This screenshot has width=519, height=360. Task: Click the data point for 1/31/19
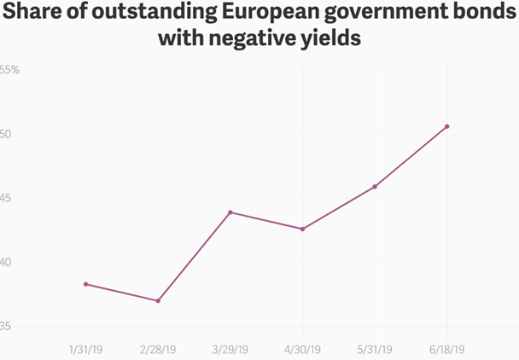point(86,284)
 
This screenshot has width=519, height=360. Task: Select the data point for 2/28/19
point(158,300)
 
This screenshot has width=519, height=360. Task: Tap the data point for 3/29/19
point(230,212)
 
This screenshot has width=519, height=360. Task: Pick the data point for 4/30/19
point(302,229)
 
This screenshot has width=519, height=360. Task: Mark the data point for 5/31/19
point(375,186)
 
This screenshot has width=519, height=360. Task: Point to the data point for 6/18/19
point(446,126)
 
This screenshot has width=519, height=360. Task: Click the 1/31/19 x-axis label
point(86,349)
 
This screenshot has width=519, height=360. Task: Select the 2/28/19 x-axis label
point(158,349)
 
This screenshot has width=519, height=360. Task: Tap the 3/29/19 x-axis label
point(230,349)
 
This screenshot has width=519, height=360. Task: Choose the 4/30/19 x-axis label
point(302,349)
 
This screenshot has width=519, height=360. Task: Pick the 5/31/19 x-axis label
point(375,349)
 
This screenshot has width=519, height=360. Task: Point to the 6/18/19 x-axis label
point(446,349)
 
